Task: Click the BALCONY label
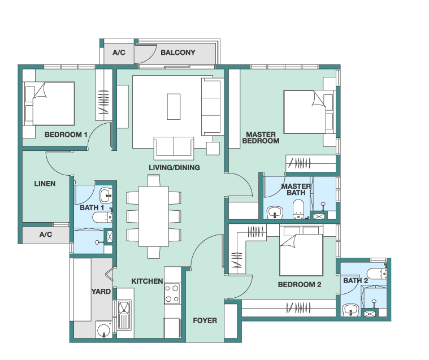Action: [178, 52]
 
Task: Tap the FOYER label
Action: [205, 320]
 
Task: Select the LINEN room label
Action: [45, 184]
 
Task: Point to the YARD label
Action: [101, 292]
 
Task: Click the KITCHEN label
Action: [147, 281]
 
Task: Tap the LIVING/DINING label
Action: [174, 167]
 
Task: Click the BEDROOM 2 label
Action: [300, 284]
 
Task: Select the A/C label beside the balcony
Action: [119, 52]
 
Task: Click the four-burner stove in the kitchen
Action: [172, 293]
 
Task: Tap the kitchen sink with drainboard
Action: [124, 315]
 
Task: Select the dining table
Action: [154, 216]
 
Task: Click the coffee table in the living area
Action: [174, 106]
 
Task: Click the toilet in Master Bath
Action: [298, 209]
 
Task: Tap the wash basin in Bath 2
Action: [351, 310]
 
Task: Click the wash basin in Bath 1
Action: [106, 195]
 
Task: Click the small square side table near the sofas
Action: [213, 149]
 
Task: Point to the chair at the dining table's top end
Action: [154, 181]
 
